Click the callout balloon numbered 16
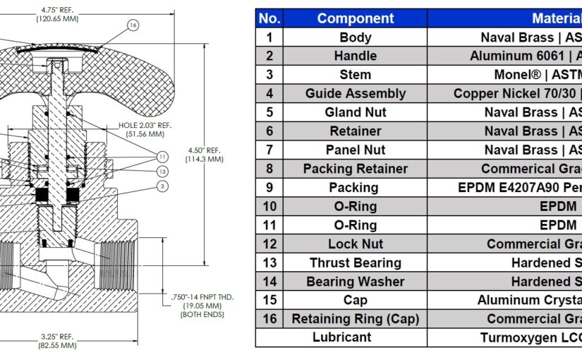[x=133, y=25]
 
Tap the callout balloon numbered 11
[x=162, y=156]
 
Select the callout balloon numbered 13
[x=162, y=172]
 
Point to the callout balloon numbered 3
[x=162, y=186]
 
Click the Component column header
[x=356, y=18]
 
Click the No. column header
[x=269, y=18]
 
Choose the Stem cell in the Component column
[x=356, y=74]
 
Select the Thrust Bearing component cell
[x=356, y=263]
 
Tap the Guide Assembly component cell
[x=356, y=93]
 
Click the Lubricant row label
[x=341, y=337]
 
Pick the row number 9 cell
[x=269, y=187]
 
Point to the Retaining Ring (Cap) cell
[x=356, y=319]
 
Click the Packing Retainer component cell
[x=356, y=169]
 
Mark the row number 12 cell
[x=269, y=244]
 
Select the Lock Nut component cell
[x=356, y=244]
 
